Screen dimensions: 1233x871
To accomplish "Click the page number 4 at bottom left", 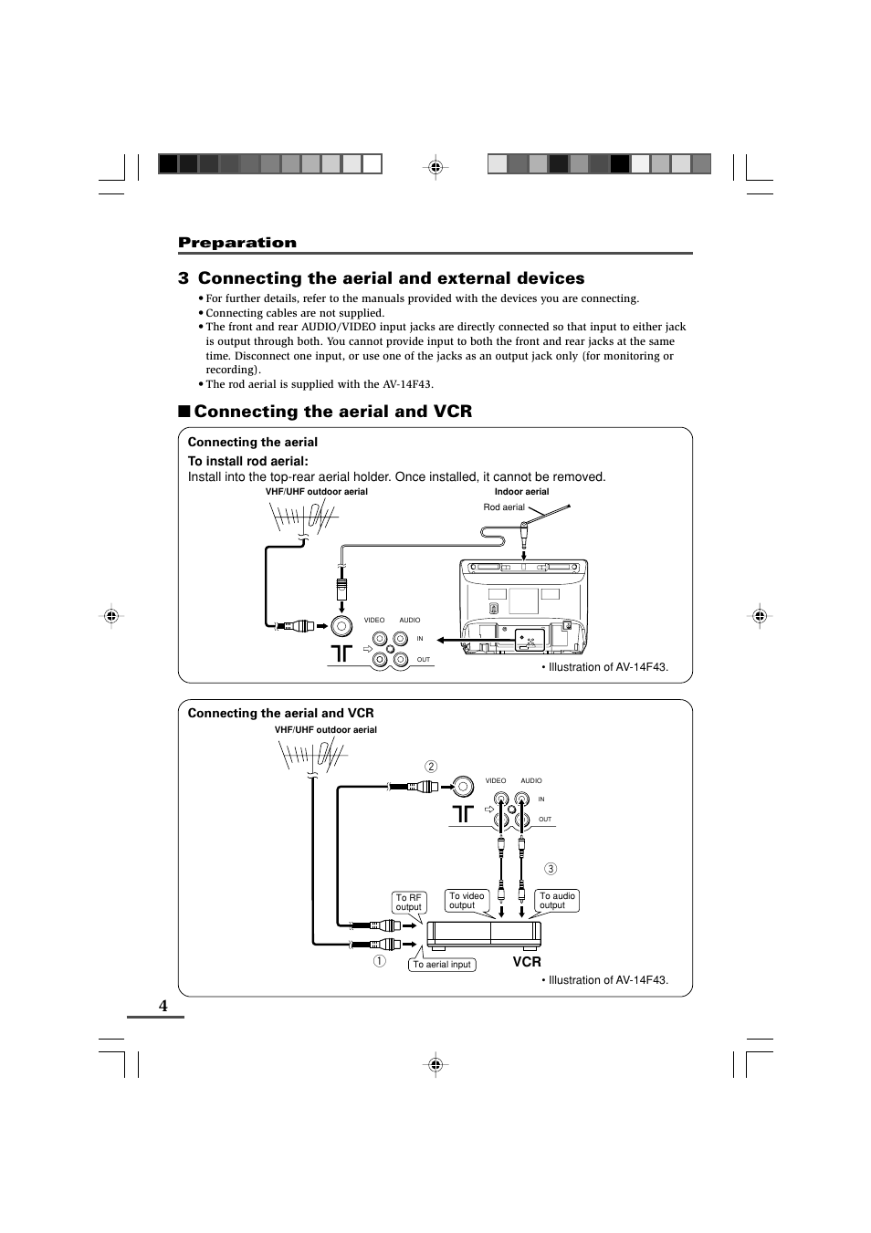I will [163, 1005].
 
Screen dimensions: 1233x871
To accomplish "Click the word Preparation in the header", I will [237, 242].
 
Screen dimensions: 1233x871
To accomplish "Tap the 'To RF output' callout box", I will [408, 903].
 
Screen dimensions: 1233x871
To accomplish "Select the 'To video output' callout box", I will [467, 901].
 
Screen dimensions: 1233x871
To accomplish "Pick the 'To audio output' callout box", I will [557, 901].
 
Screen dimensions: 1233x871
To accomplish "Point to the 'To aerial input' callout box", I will [442, 965].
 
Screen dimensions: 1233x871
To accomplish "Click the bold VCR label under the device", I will [527, 962].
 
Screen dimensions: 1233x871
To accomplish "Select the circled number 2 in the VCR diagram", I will [431, 767].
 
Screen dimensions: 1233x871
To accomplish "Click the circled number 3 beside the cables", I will [551, 869].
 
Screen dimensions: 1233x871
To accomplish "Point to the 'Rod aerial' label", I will [504, 507].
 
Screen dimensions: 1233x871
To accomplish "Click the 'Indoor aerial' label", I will [521, 492].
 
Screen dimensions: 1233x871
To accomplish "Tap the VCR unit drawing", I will [484, 933].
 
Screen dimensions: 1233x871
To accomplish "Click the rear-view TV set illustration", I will [523, 607].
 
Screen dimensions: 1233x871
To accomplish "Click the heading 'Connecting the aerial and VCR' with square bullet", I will [332, 412].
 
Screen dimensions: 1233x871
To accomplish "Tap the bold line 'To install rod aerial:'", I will [248, 461].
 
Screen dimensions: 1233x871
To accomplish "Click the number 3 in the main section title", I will [184, 278].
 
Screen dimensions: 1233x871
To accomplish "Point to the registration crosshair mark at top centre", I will [435, 167].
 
